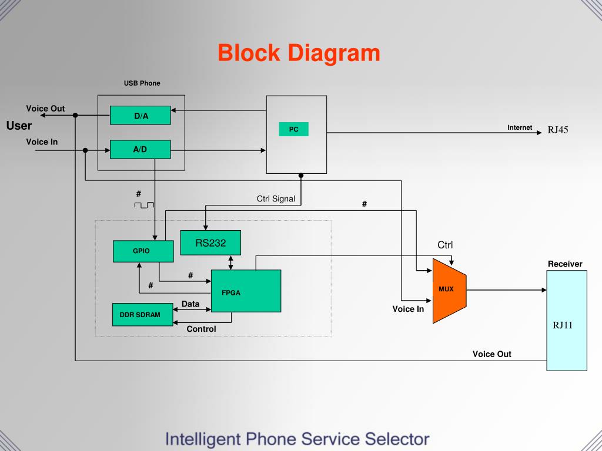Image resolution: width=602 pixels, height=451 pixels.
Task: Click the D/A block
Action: pyautogui.click(x=141, y=116)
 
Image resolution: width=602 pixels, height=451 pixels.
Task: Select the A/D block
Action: pyautogui.click(x=141, y=150)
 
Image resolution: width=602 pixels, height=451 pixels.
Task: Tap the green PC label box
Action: pyautogui.click(x=293, y=129)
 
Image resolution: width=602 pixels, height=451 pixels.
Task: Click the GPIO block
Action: pyautogui.click(x=143, y=251)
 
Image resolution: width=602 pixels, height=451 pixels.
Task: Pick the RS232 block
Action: pyautogui.click(x=210, y=243)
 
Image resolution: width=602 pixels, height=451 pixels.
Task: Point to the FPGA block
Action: pyautogui.click(x=246, y=291)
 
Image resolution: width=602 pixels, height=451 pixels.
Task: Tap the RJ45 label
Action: pyautogui.click(x=558, y=130)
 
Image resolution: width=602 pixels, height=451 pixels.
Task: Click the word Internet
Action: pyautogui.click(x=520, y=127)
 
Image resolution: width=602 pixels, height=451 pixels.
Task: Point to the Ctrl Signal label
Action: pyautogui.click(x=276, y=199)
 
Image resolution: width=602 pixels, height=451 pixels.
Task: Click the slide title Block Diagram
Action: pyautogui.click(x=299, y=53)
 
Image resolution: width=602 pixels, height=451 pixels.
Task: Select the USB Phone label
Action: pyautogui.click(x=142, y=83)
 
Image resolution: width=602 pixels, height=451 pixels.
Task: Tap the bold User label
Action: pyautogui.click(x=19, y=126)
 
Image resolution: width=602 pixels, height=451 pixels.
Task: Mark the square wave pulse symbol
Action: pyautogui.click(x=144, y=204)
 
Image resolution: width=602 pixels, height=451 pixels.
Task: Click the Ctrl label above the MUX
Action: pyautogui.click(x=445, y=245)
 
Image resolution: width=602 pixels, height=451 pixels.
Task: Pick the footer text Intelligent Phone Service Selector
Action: pyautogui.click(x=297, y=439)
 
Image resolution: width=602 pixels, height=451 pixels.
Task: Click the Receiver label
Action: pyautogui.click(x=565, y=264)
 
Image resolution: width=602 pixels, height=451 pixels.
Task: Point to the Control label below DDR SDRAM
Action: pyautogui.click(x=201, y=329)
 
